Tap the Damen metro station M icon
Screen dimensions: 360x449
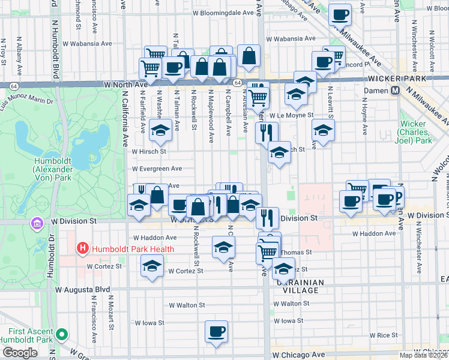[x=396, y=91]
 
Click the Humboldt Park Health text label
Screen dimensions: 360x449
[x=132, y=249]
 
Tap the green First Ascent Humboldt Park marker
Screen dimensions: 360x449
[x=62, y=335]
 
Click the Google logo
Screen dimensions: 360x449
[x=19, y=353]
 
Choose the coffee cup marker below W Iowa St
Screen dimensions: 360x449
[x=216, y=331]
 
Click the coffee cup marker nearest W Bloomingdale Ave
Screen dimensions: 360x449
[x=340, y=14]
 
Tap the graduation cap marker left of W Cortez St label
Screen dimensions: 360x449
[x=152, y=266]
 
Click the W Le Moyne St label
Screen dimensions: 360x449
[x=292, y=115]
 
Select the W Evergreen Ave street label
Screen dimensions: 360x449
[x=157, y=169]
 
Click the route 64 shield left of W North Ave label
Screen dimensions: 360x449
[x=13, y=86]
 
